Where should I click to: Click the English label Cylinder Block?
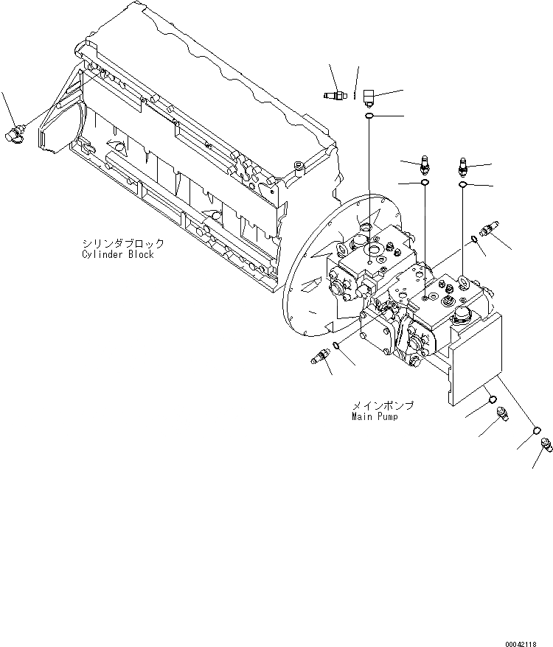[x=118, y=255]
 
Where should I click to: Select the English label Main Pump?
[x=375, y=417]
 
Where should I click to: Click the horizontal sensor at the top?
[x=335, y=94]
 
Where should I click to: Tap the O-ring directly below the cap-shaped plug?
[x=369, y=116]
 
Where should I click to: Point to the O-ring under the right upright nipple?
[x=462, y=185]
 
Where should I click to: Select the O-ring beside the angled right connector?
[x=475, y=237]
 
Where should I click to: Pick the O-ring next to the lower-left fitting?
[x=337, y=346]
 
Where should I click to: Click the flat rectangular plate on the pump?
[x=476, y=358]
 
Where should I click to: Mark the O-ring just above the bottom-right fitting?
[x=537, y=431]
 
